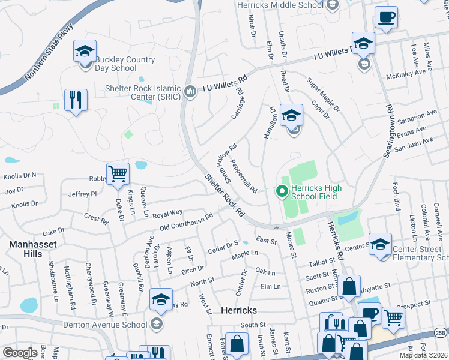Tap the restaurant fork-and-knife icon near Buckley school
coord(76,100)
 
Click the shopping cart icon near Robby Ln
coord(118,174)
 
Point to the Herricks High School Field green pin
coord(281,192)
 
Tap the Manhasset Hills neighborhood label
coord(26,249)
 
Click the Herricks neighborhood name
coord(239,310)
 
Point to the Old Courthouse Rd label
coord(187,222)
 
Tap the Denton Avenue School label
coord(105,325)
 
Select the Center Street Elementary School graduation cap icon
coord(380,244)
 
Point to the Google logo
coord(20,352)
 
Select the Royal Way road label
coord(167,213)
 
